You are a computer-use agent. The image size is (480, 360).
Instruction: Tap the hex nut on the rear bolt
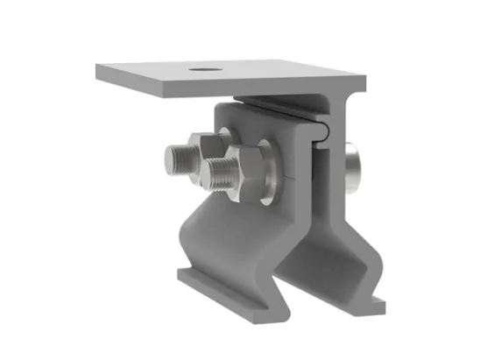[x=207, y=145]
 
